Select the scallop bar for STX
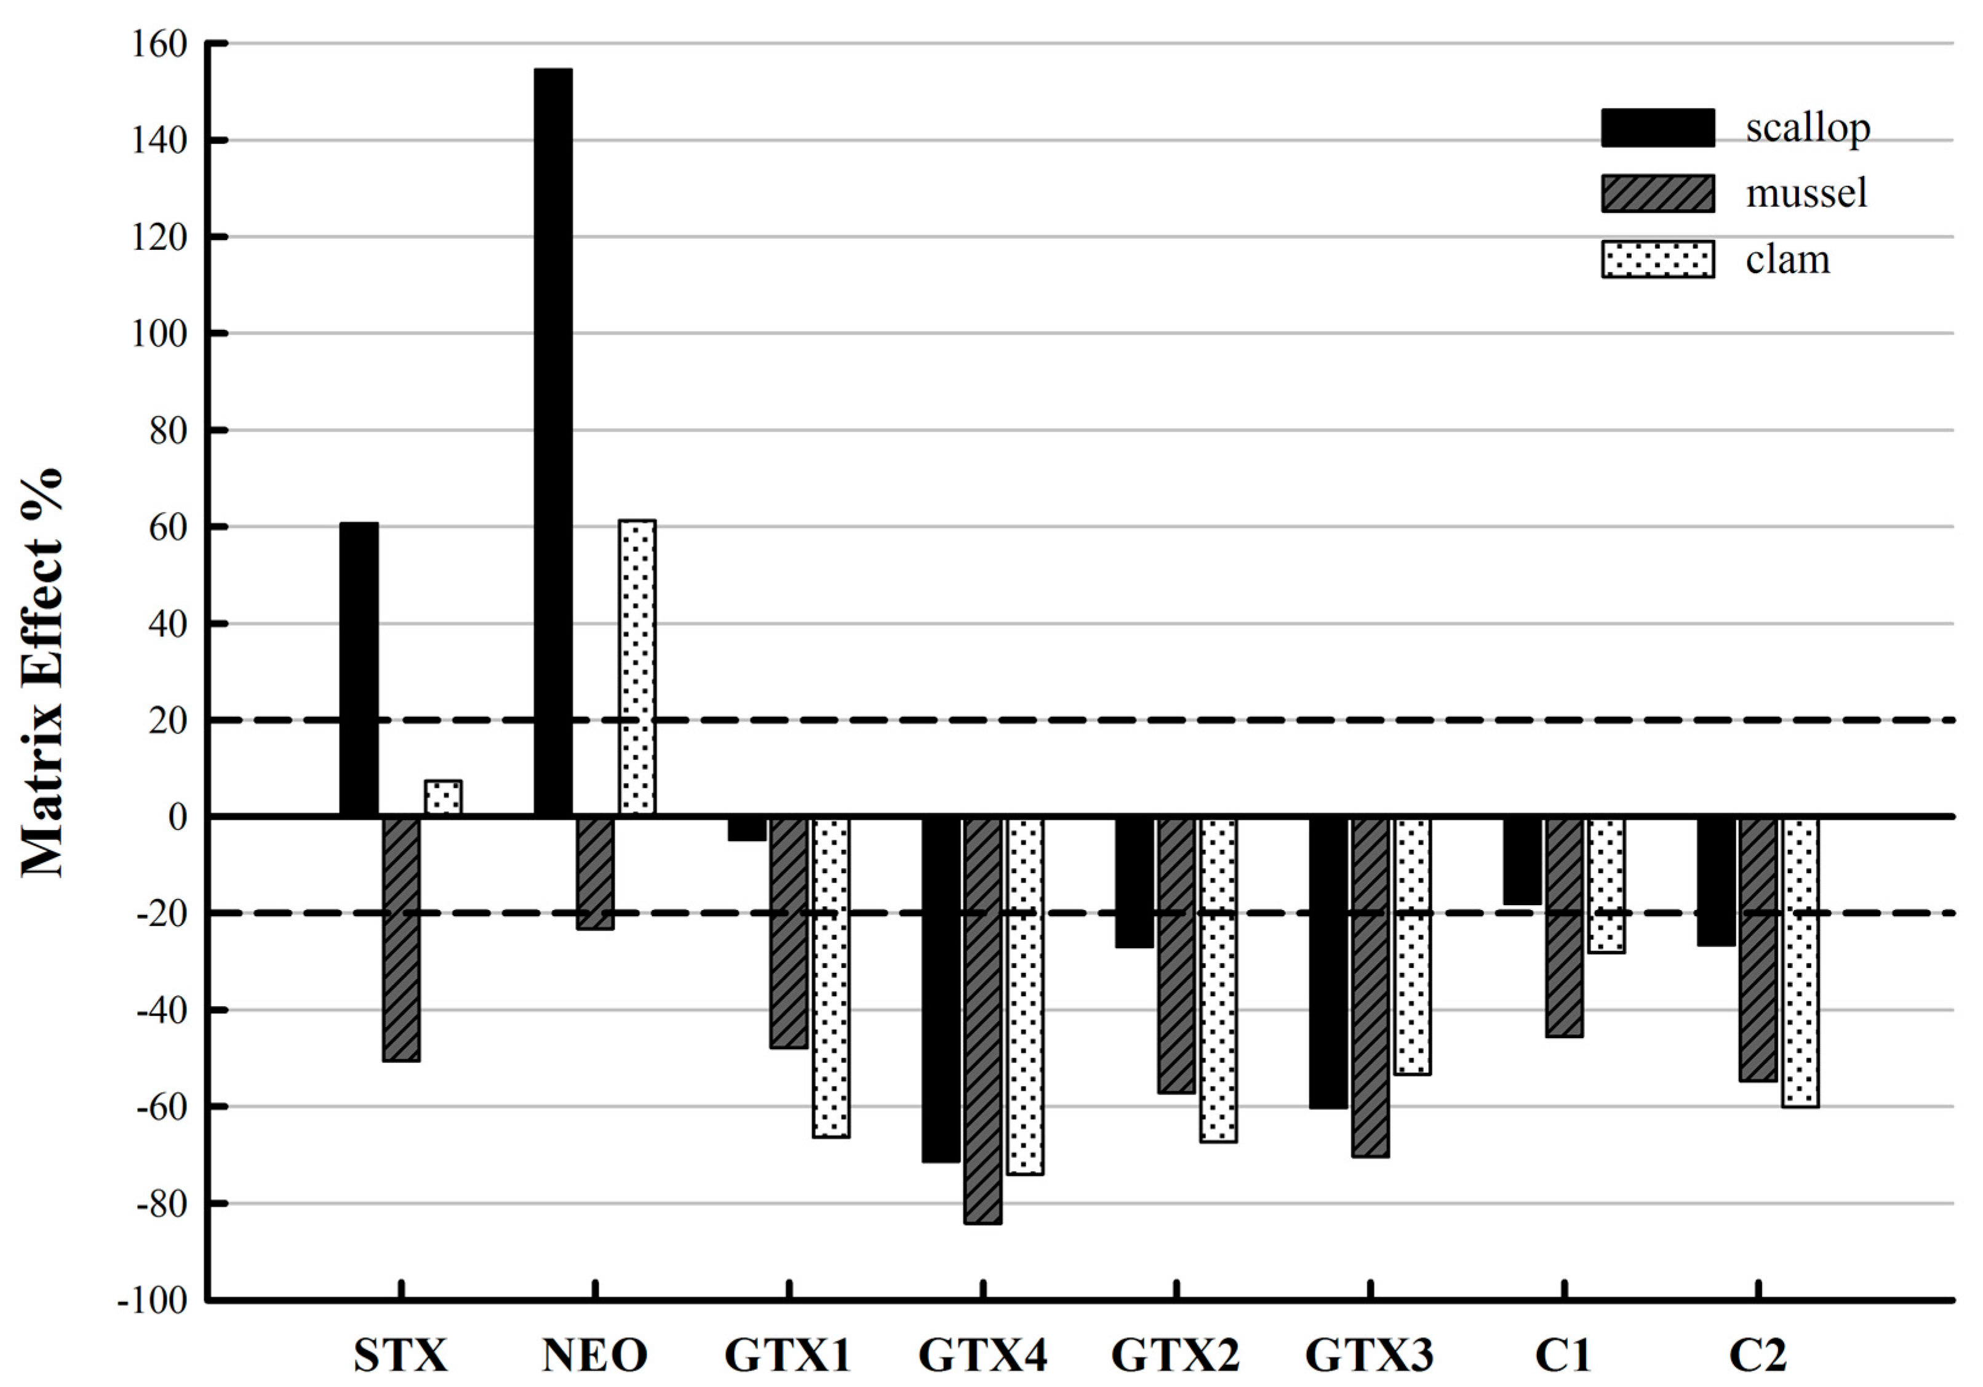tap(359, 670)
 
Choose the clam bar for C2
tap(1801, 961)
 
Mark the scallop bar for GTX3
tap(1328, 962)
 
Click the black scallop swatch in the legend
tap(1658, 128)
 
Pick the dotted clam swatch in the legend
tap(1658, 259)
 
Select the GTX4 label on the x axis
tap(983, 1355)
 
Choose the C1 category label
tap(1563, 1355)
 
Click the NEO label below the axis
tap(595, 1355)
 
